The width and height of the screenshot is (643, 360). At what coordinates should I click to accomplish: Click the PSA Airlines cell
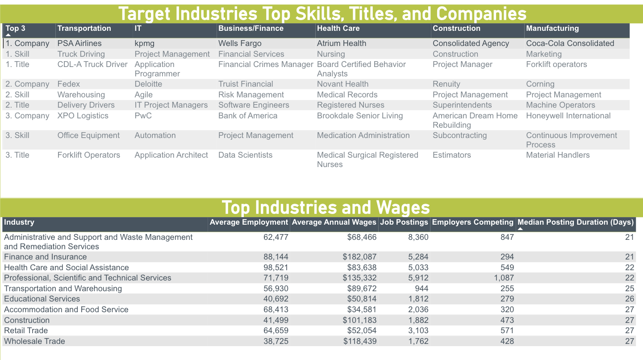[x=79, y=43]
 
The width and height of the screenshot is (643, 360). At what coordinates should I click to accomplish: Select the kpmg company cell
[x=145, y=43]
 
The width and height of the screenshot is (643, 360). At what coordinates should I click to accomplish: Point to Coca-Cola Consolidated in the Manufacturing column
[x=570, y=43]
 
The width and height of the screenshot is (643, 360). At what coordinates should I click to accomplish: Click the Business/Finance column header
[x=251, y=29]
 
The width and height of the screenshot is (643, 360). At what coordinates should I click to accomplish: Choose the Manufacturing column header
[x=552, y=29]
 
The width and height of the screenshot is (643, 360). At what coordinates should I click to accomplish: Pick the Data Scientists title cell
[x=245, y=155]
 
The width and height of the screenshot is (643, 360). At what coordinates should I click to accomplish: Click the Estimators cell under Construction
[x=451, y=155]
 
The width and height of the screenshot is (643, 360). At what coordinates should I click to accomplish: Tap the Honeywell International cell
[x=568, y=116]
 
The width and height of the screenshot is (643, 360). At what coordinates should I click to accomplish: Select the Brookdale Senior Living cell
[x=360, y=116]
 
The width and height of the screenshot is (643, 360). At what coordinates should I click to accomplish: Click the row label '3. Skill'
[x=17, y=135]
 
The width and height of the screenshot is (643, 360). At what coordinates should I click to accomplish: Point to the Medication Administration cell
[x=363, y=135]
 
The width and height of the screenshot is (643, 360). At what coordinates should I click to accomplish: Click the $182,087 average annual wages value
[x=359, y=257]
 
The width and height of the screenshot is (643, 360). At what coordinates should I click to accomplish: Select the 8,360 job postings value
[x=418, y=237]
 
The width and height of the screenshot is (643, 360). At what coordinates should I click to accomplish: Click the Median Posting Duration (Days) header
[x=575, y=222]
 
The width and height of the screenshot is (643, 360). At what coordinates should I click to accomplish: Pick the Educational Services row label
[x=42, y=299]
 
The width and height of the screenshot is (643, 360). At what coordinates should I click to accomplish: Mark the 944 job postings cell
[x=421, y=289]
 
